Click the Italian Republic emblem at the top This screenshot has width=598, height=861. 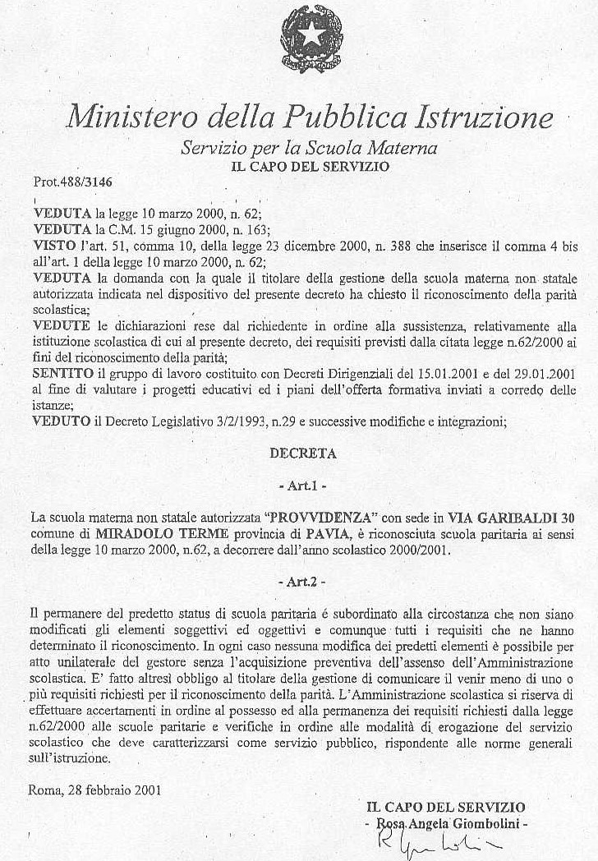coord(312,39)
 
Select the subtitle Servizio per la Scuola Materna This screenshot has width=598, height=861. coord(309,149)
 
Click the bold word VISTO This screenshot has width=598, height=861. coord(55,244)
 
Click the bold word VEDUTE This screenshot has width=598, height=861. coord(59,327)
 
